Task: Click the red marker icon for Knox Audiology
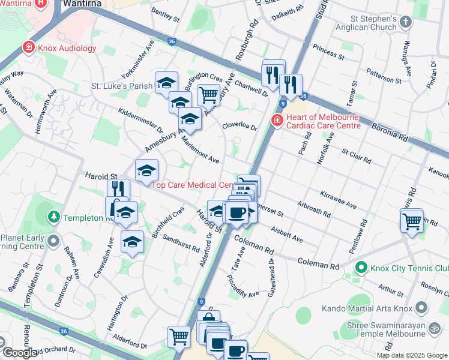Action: coord(28,47)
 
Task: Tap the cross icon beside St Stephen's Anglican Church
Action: coord(406,22)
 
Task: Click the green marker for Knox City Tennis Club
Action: coord(361,267)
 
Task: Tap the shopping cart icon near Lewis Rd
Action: coord(412,221)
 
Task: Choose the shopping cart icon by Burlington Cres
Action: coord(208,94)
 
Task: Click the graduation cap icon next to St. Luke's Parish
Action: coord(166,83)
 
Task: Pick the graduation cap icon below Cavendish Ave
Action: coord(132,242)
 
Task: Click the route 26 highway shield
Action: coord(64,330)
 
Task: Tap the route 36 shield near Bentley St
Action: coord(172,41)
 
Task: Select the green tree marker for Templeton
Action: coord(54,216)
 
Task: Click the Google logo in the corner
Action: coord(20,353)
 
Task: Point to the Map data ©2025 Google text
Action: coord(412,355)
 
